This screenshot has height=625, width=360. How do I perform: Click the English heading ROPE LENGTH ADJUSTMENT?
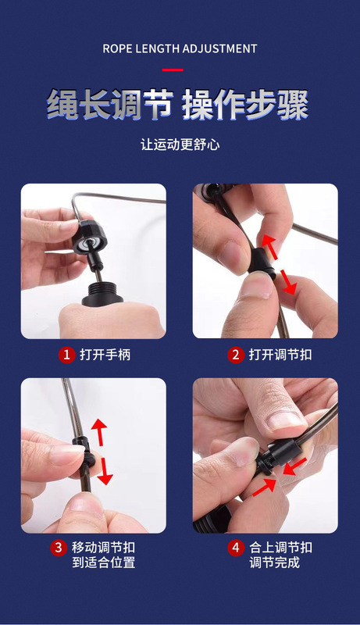tap(180, 48)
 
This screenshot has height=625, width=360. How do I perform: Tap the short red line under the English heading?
tap(173, 70)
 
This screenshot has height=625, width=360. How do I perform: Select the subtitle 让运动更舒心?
tap(180, 145)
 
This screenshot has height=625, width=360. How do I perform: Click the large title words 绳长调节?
tap(110, 105)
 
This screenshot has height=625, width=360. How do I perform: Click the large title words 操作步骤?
tap(245, 105)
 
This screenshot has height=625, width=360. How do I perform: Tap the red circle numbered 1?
tap(67, 355)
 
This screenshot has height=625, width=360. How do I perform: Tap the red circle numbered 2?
tap(236, 355)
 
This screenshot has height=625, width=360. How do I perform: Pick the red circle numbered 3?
tap(59, 548)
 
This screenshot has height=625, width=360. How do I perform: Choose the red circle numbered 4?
tap(236, 548)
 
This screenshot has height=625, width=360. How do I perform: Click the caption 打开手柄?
tap(105, 355)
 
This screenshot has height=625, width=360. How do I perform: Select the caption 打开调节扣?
tap(280, 355)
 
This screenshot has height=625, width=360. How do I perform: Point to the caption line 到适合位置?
tap(104, 562)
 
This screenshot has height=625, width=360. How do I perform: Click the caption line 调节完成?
tap(274, 562)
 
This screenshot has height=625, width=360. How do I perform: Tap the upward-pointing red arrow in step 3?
tap(98, 432)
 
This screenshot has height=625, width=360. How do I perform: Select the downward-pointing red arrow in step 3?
tap(105, 471)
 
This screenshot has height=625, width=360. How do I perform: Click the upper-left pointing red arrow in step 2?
tap(269, 246)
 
